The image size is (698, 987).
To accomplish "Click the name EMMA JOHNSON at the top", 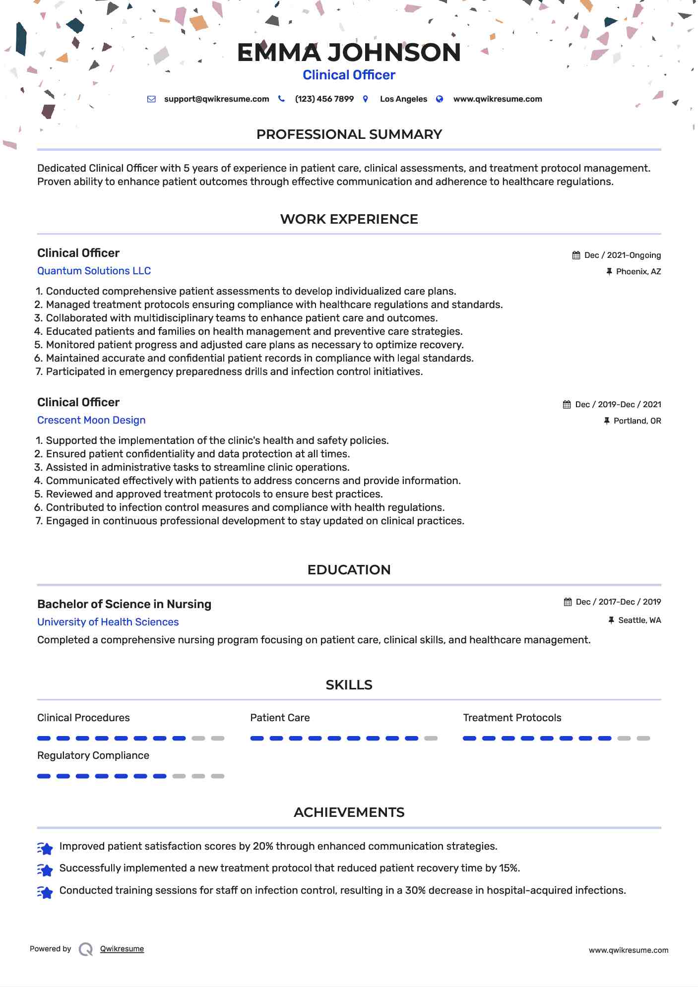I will pyautogui.click(x=349, y=53).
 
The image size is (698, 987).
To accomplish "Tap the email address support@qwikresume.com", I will pyautogui.click(x=216, y=99).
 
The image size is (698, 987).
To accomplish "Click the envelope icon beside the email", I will pyautogui.click(x=151, y=99).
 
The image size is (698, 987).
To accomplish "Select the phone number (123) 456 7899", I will pyautogui.click(x=324, y=99).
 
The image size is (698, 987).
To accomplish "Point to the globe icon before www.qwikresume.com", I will pyautogui.click(x=440, y=99).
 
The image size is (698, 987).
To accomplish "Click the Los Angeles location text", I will pyautogui.click(x=403, y=99).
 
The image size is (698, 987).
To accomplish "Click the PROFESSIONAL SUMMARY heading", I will pyautogui.click(x=349, y=134).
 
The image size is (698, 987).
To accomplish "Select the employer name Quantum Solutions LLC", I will pyautogui.click(x=94, y=271).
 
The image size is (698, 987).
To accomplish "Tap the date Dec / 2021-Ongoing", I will pyautogui.click(x=622, y=255).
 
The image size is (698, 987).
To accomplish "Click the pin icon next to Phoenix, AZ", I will pyautogui.click(x=609, y=272).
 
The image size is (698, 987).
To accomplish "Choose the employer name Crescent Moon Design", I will pyautogui.click(x=91, y=420).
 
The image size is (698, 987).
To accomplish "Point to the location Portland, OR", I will pyautogui.click(x=637, y=421).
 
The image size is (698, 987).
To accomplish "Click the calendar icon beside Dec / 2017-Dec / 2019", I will pyautogui.click(x=568, y=602).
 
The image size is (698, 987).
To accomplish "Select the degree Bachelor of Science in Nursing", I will pyautogui.click(x=124, y=604).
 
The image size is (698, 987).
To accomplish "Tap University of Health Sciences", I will pyautogui.click(x=108, y=622).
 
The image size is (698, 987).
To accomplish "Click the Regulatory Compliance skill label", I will pyautogui.click(x=93, y=755).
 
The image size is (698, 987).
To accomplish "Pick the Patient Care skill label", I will pyautogui.click(x=280, y=718).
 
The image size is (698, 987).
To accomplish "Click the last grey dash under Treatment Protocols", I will pyautogui.click(x=643, y=739).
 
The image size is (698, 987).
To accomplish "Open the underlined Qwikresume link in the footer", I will pyautogui.click(x=122, y=949).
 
